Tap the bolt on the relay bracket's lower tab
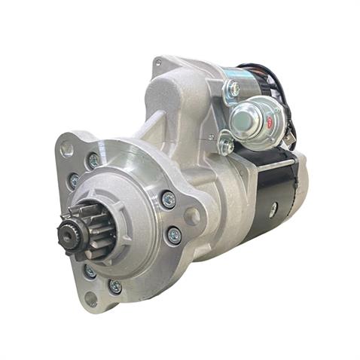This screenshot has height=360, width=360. (226, 145)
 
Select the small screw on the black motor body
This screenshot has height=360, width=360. (272, 210)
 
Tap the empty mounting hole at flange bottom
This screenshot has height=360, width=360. (90, 298)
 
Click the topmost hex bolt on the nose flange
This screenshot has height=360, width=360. (93, 160)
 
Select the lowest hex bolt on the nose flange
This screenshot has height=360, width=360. (114, 286)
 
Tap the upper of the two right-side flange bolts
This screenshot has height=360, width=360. (168, 200)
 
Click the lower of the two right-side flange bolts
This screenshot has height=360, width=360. (173, 235)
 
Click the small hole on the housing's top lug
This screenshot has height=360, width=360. (157, 63)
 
